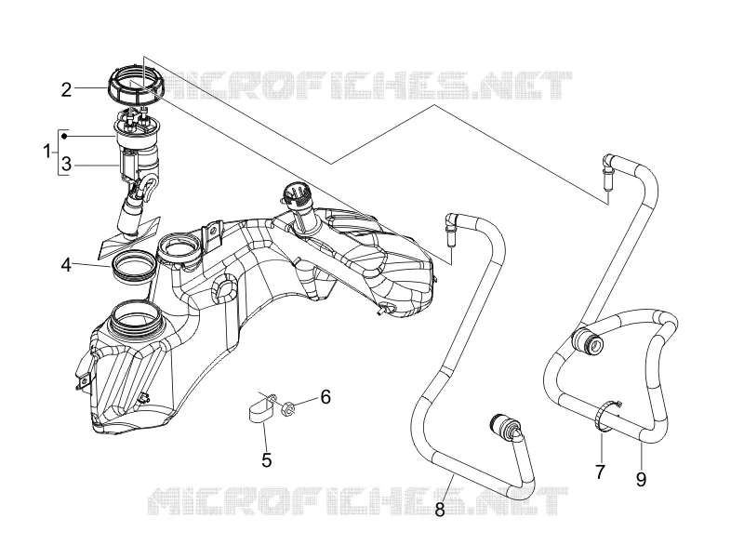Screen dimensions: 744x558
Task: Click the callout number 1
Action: (x=46, y=153)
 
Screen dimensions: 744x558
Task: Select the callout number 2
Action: (x=66, y=89)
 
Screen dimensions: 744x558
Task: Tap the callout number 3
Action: (x=66, y=165)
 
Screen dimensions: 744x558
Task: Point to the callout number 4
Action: (x=66, y=265)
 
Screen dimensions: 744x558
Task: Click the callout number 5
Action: (x=267, y=459)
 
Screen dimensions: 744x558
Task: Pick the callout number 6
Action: (x=325, y=397)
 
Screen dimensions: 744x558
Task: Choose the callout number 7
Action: (x=600, y=472)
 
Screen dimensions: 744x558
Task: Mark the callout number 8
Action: (x=440, y=510)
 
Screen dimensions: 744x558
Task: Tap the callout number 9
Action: (x=641, y=480)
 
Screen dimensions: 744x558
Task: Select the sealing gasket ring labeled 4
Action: (x=133, y=267)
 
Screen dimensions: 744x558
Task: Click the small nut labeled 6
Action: (x=287, y=408)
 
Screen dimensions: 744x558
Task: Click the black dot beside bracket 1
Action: (x=64, y=137)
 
